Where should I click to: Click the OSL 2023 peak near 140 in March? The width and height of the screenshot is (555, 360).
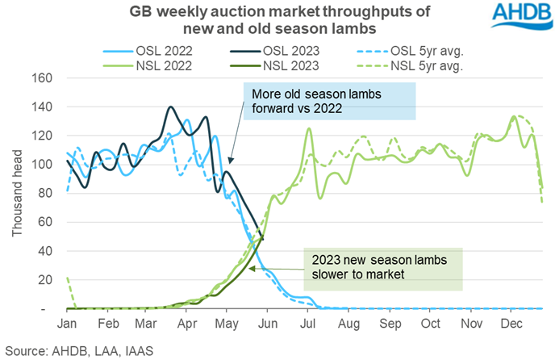(x=170, y=107)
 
